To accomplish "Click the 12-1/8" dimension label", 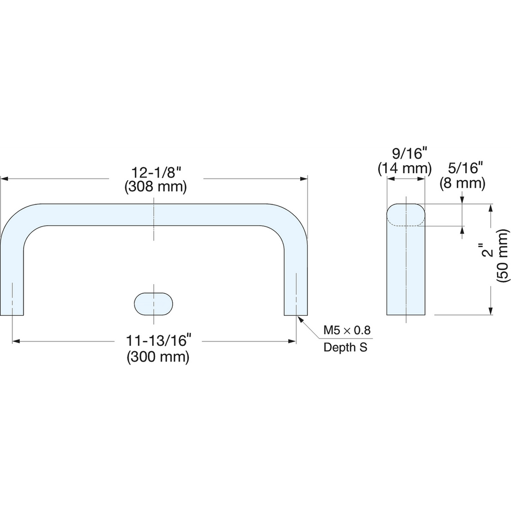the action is pyautogui.click(x=156, y=173).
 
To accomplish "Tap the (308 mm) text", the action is pyautogui.click(x=156, y=187).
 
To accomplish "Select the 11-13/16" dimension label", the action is pyautogui.click(x=158, y=340).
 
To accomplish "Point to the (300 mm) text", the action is pyautogui.click(x=158, y=357).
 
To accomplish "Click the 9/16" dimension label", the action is pyautogui.click(x=405, y=153).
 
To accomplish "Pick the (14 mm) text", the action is pyautogui.click(x=404, y=168).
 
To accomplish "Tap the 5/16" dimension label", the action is pyautogui.click(x=463, y=168).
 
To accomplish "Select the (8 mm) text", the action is pyautogui.click(x=463, y=183).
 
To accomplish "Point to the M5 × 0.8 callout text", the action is pyautogui.click(x=347, y=330).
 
